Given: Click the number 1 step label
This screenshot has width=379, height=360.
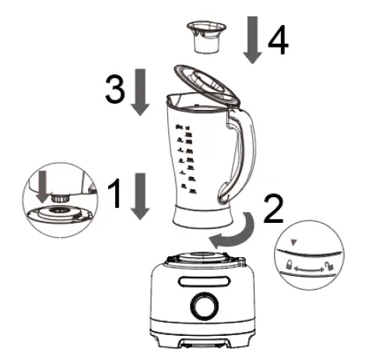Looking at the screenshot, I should (114, 195).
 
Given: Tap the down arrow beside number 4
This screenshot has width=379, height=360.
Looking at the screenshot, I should (252, 39).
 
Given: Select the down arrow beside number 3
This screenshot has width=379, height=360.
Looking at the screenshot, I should (139, 91).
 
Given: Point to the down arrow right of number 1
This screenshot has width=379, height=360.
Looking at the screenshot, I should (139, 196).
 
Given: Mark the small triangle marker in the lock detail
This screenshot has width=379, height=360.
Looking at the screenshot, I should (293, 244).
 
